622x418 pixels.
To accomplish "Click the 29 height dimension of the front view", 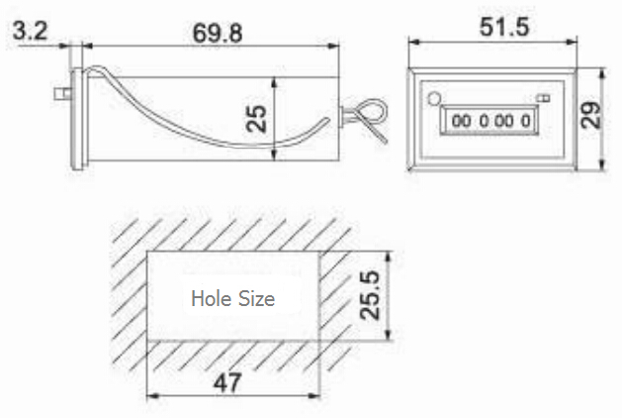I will pyautogui.click(x=591, y=117).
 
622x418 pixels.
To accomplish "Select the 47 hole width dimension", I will pyautogui.click(x=229, y=381).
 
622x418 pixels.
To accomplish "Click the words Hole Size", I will pyautogui.click(x=232, y=297).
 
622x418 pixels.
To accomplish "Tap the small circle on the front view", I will pyautogui.click(x=434, y=98).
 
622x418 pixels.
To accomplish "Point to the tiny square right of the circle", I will pyautogui.click(x=543, y=97).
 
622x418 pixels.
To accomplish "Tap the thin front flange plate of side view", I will pyautogui.click(x=74, y=119).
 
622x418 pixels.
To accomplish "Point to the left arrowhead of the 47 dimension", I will pyautogui.click(x=150, y=396).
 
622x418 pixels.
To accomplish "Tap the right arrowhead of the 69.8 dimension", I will pyautogui.click(x=336, y=44).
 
